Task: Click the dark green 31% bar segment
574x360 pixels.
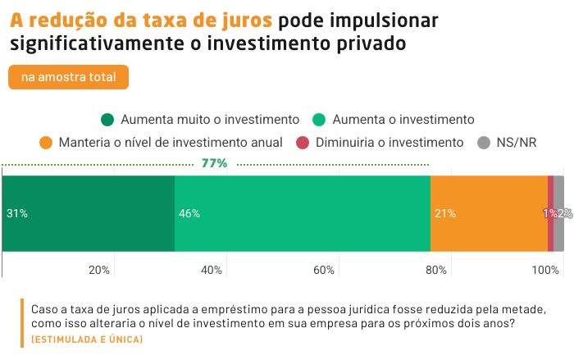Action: point(89,213)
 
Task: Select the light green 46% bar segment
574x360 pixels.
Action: point(303,213)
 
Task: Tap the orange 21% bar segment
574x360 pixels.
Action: point(489,213)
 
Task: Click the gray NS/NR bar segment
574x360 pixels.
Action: point(559,213)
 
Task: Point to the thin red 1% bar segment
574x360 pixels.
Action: point(550,213)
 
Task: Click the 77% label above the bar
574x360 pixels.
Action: point(214,163)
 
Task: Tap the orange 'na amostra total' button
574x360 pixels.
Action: point(69,77)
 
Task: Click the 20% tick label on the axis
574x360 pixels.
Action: point(99,270)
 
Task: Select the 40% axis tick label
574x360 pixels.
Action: point(212,270)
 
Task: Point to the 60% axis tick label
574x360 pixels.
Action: point(324,270)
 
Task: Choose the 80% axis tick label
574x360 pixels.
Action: point(435,270)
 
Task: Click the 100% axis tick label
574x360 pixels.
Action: point(544,270)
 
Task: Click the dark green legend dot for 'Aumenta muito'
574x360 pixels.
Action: point(107,119)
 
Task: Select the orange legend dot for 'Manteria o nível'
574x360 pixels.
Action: point(46,142)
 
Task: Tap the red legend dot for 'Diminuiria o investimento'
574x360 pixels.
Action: point(302,142)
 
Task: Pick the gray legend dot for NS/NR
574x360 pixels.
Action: point(484,142)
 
